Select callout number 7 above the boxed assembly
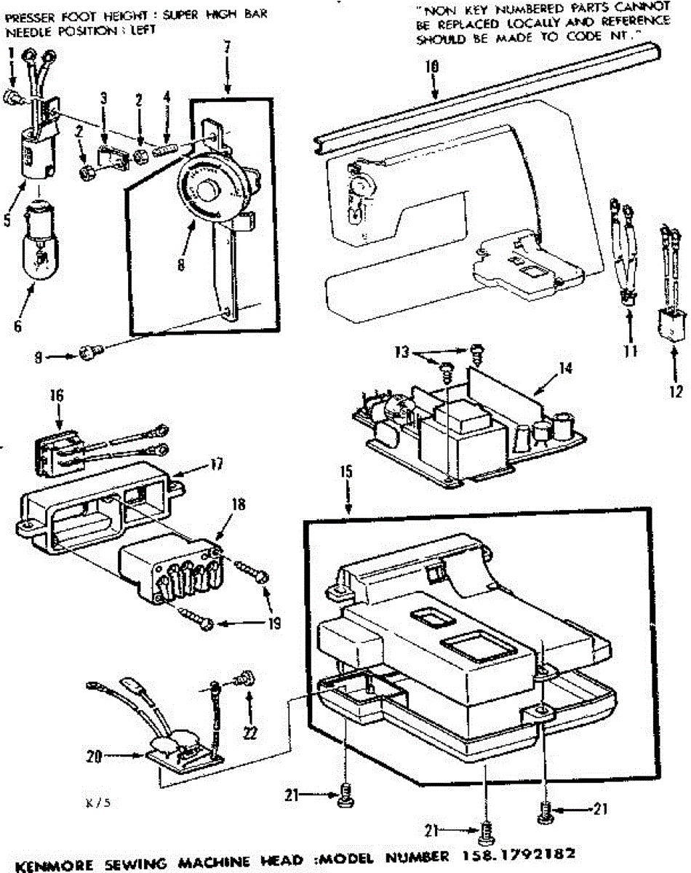pos(228,47)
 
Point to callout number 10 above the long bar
pos(431,65)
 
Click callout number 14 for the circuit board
pos(564,369)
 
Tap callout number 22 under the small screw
pos(250,733)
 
